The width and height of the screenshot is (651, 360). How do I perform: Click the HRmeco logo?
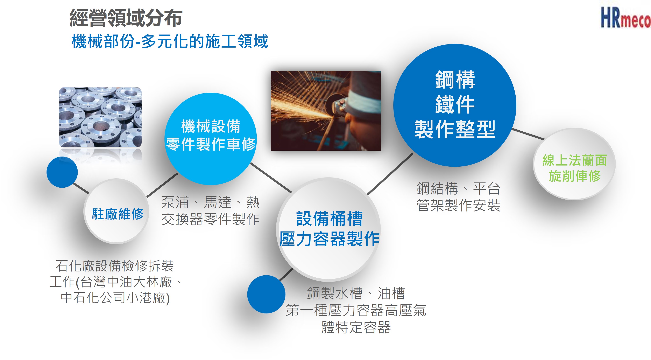[625, 18]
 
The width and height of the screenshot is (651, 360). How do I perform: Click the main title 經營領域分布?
[126, 18]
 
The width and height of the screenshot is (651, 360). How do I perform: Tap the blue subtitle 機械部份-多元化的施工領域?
[170, 41]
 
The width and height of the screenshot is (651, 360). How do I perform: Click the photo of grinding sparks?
[326, 111]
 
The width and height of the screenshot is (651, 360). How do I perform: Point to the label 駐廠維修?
[118, 214]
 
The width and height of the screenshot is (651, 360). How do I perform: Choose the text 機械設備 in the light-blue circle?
[211, 126]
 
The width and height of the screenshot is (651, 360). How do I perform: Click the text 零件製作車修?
[211, 144]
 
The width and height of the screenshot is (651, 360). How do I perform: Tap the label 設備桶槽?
[330, 219]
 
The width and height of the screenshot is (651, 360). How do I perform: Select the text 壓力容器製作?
[330, 239]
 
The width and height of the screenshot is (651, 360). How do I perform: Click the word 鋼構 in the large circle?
[455, 80]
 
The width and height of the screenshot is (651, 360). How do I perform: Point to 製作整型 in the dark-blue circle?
[455, 129]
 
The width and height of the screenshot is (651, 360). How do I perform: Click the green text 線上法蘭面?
[575, 160]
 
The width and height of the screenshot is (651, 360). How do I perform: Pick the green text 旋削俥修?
[575, 176]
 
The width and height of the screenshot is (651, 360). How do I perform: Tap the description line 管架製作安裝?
[458, 205]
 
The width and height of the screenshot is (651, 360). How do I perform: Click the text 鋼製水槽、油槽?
[356, 293]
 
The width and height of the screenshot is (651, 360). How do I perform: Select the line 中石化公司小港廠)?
[115, 298]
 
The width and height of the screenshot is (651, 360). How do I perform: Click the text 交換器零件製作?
[211, 219]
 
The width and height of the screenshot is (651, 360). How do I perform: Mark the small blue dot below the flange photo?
[62, 172]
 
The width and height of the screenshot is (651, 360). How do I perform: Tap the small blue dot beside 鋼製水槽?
[266, 294]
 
